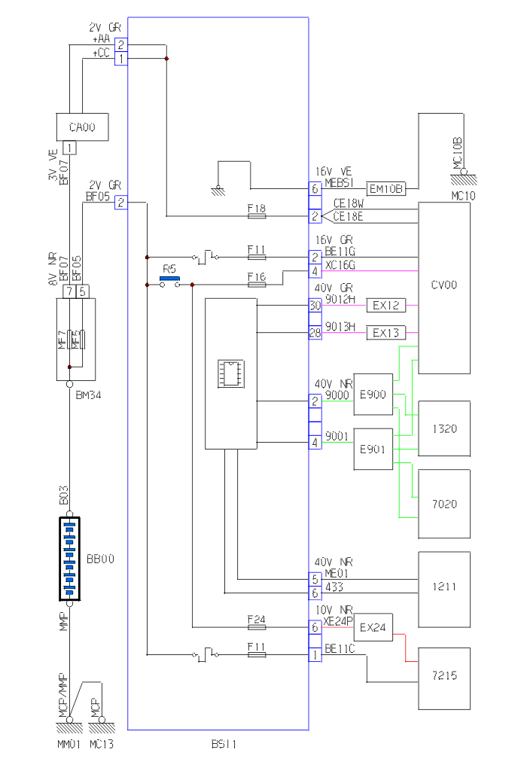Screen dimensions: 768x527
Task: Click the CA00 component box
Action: (82, 126)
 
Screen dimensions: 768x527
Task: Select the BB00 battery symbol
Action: (69, 559)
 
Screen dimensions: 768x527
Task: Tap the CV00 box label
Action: (444, 285)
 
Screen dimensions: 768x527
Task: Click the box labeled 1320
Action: (444, 428)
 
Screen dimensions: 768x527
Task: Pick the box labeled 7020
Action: (444, 503)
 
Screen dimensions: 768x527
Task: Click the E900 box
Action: (373, 394)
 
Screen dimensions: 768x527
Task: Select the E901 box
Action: (373, 450)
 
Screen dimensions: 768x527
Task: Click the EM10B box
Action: (385, 188)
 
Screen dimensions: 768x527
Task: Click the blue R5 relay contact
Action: (170, 279)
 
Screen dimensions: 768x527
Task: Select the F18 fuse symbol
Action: (257, 216)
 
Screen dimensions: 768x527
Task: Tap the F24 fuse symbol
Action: (257, 626)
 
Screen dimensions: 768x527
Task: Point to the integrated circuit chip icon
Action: (230, 373)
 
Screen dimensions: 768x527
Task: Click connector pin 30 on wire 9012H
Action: (315, 306)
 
